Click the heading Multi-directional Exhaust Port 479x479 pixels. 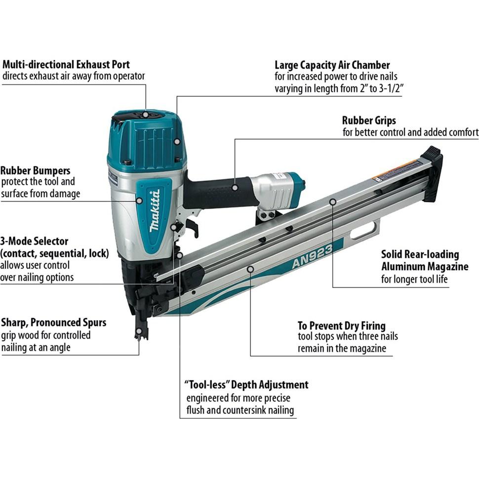coord(66,64)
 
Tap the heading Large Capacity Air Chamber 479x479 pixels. coord(332,65)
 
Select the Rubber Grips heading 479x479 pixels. coord(369,120)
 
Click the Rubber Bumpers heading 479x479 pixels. coord(35,170)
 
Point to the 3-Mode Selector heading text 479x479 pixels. coord(34,241)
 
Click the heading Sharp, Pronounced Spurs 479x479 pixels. coord(53,322)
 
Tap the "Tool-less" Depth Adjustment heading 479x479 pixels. coord(246,385)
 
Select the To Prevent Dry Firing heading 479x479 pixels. coord(341,325)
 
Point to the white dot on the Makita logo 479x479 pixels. coord(139,200)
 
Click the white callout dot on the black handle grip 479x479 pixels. coord(235,187)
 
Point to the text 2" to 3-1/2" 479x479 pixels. coord(373,89)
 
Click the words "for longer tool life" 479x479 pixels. coord(415,279)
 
